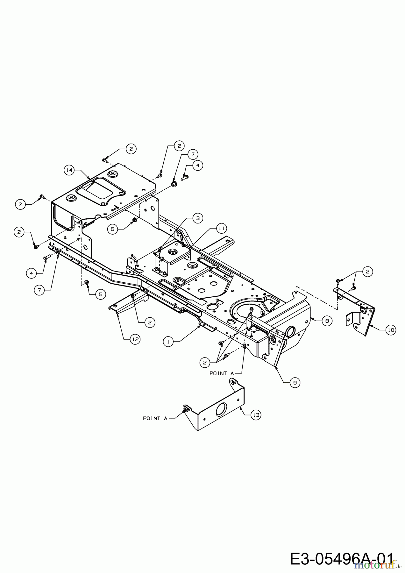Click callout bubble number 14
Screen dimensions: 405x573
69,170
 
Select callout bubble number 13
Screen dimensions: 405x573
256,415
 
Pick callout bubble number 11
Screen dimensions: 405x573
222,228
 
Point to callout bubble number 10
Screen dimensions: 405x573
390,330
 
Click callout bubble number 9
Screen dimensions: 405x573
295,383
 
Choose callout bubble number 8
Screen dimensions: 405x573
327,321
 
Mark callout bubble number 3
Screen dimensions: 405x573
198,218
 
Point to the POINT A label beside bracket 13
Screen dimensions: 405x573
155,418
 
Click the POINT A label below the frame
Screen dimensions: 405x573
222,373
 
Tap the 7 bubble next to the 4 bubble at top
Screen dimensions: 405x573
192,154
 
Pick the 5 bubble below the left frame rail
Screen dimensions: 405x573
100,294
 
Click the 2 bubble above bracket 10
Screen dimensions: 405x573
368,272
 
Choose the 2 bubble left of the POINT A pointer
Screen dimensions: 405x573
205,362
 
